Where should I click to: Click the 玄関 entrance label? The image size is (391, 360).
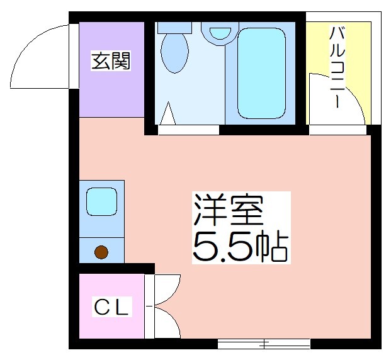(111, 60)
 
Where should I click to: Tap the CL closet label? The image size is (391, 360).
(111, 307)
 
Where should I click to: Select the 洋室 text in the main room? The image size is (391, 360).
(229, 210)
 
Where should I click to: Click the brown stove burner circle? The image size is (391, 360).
(101, 252)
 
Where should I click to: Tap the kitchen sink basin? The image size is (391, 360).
(101, 201)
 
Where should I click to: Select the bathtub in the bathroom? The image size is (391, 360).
(261, 73)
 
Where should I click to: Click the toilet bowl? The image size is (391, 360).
(174, 52)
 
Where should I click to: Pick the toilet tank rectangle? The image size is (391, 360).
(174, 28)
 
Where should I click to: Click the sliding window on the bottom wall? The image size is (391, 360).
(264, 344)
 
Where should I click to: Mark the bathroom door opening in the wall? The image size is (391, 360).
(188, 130)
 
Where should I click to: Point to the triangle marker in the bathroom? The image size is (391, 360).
(168, 113)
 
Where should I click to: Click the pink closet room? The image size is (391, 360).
(111, 306)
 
